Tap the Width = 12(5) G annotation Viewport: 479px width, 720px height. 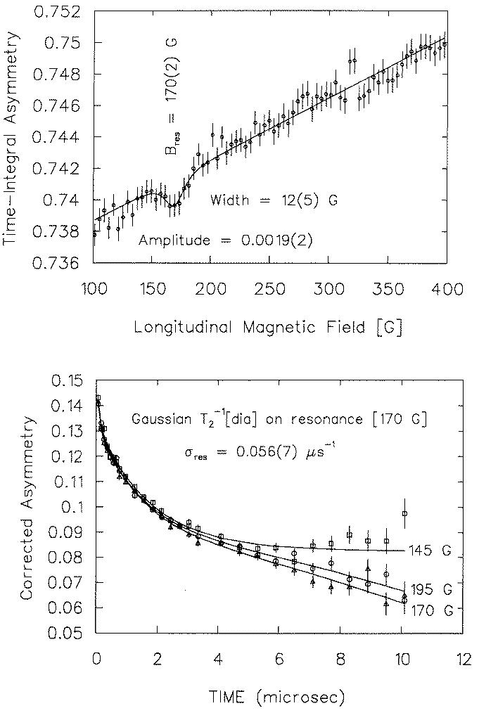click(274, 200)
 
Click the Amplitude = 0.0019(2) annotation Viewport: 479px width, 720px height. click(226, 240)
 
